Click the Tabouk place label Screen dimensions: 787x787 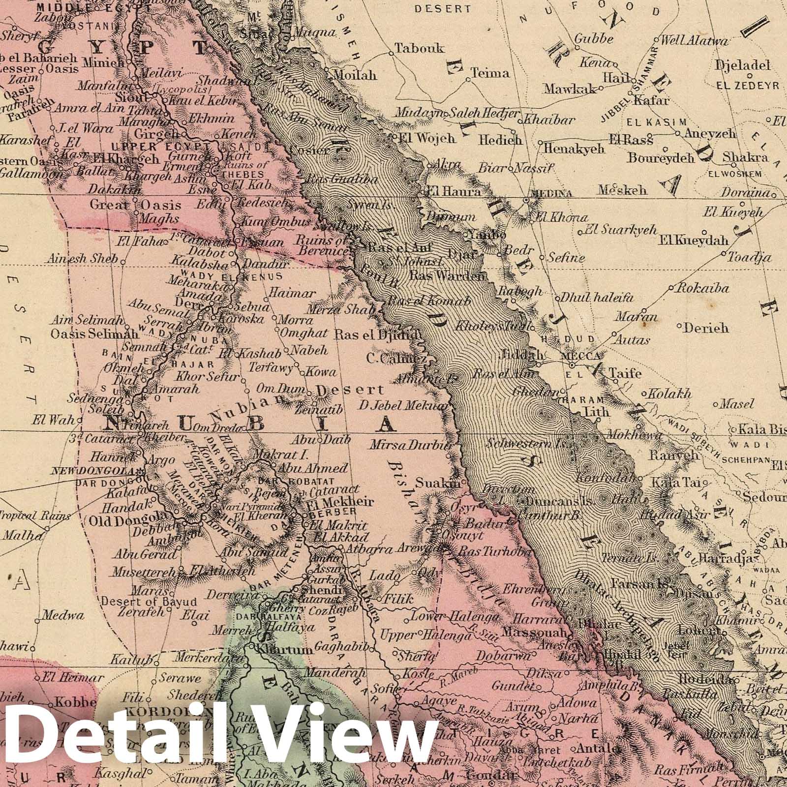coord(420,49)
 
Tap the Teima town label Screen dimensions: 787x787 coord(490,73)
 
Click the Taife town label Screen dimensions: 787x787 coord(625,373)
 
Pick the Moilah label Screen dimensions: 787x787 coord(354,75)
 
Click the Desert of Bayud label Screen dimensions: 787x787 coord(149,601)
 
